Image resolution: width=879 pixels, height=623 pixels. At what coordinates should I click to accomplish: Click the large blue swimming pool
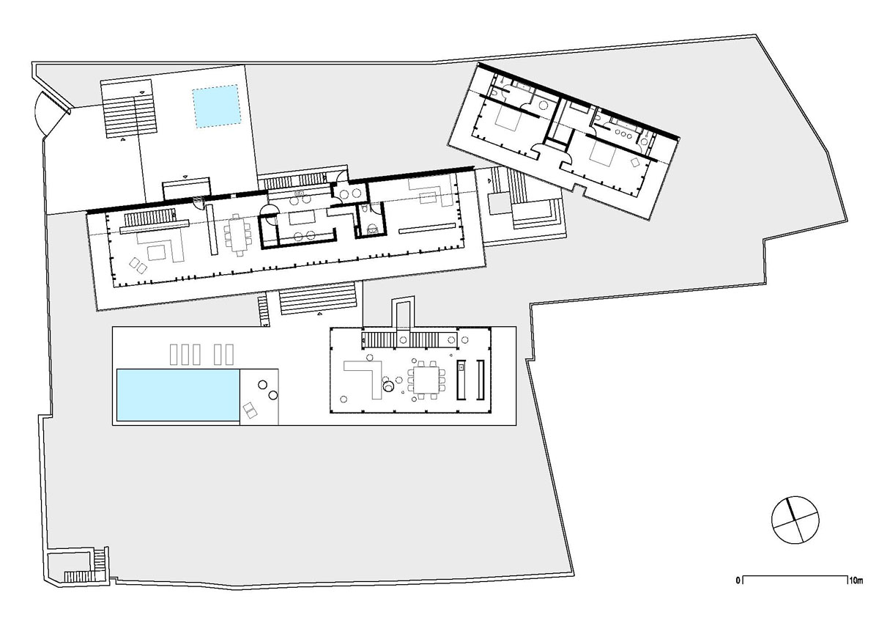(178, 395)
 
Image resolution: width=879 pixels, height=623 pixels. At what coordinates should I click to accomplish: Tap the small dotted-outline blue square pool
(216, 106)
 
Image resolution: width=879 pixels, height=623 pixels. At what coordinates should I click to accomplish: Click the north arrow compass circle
(795, 520)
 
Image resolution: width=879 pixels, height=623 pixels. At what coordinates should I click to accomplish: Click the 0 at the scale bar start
(738, 580)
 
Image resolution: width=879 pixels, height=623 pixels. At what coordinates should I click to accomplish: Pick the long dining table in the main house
(238, 235)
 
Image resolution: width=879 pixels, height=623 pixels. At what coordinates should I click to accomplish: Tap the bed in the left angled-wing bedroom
(508, 118)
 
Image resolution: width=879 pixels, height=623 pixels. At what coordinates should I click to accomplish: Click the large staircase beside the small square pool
(127, 108)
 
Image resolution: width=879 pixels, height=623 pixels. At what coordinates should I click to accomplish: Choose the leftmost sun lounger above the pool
(174, 354)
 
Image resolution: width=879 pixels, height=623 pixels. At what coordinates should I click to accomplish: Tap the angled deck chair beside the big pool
(250, 410)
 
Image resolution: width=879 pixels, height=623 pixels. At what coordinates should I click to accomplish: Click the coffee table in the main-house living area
(157, 252)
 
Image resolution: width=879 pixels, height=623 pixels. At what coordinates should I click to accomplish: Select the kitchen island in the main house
(302, 218)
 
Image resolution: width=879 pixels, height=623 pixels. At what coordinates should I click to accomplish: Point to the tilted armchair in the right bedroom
(635, 162)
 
